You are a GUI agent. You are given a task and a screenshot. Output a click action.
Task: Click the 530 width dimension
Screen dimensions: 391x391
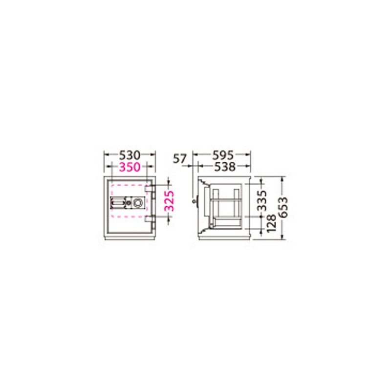130,155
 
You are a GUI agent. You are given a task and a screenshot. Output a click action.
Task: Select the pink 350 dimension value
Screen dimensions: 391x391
130,167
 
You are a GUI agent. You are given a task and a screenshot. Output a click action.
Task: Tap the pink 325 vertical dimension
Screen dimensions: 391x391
170,201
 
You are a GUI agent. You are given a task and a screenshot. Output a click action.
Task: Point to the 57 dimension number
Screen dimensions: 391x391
180,158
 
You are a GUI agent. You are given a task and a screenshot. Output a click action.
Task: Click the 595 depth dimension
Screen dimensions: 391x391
223,155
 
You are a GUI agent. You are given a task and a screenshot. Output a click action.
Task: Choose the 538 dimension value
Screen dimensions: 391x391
225,167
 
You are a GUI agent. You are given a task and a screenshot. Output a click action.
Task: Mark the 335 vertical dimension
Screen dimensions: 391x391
262,200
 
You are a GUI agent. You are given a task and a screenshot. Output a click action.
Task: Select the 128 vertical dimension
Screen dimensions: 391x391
272,223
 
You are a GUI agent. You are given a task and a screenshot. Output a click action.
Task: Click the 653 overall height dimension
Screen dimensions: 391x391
283,207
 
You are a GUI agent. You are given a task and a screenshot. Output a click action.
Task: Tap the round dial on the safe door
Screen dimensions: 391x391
137,202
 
